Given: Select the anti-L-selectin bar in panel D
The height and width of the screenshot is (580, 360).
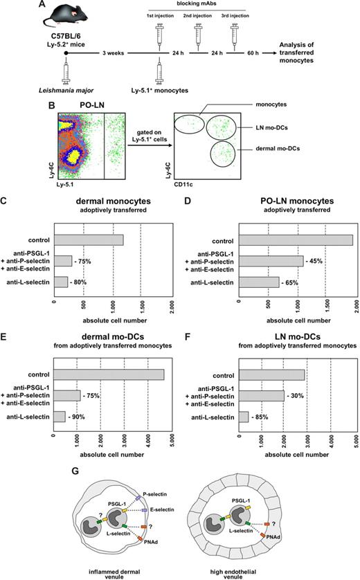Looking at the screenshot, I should point(257,282).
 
